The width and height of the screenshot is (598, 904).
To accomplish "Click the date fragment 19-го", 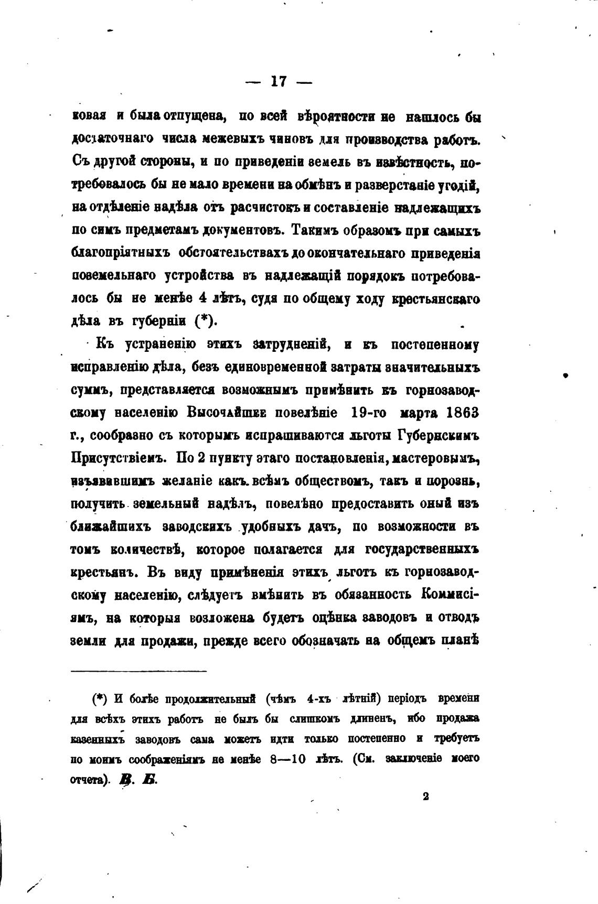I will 368,412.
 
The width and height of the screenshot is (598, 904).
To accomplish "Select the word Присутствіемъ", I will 119,458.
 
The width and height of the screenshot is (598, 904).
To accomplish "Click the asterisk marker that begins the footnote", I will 99,698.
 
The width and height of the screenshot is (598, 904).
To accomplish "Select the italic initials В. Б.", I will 138,779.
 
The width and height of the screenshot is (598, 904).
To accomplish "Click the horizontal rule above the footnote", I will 139,671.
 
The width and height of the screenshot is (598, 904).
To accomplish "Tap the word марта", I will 419,412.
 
